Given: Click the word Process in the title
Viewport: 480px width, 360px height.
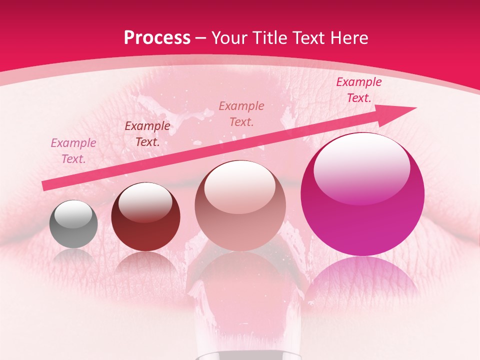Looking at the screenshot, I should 157,38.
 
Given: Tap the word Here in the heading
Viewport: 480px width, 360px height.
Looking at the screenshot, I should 348,38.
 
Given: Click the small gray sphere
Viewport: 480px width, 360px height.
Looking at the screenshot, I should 73,224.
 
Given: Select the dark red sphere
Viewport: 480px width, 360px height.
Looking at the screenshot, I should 145,220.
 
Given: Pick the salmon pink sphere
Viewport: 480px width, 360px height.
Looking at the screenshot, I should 240,210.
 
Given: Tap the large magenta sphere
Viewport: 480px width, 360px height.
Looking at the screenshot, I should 362,200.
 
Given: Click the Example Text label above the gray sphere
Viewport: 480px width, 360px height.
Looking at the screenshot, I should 73,151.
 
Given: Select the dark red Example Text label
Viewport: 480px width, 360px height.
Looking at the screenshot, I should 147,134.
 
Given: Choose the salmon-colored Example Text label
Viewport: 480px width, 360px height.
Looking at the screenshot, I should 241,113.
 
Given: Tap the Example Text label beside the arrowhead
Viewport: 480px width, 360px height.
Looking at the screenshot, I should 358,90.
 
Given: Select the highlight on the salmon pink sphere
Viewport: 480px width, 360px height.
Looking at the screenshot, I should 240,185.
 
